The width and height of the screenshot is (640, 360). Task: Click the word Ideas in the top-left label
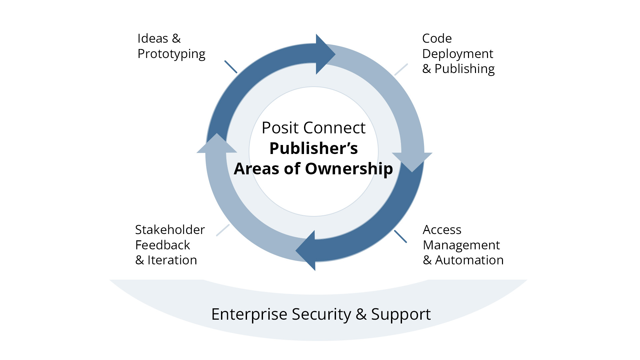click(153, 38)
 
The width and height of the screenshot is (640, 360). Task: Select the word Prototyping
click(171, 54)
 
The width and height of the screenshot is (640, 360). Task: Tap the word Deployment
click(458, 54)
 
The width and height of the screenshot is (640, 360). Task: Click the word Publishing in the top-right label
click(465, 69)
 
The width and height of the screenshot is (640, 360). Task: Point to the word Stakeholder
click(170, 230)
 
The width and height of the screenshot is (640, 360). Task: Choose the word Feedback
click(163, 245)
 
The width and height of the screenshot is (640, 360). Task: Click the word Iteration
click(172, 260)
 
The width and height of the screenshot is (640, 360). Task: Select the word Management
click(461, 246)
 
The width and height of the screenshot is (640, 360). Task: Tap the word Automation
click(469, 260)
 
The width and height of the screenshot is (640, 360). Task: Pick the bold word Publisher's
click(314, 148)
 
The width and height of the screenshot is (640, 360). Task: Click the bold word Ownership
click(349, 169)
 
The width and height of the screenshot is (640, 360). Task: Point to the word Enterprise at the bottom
click(249, 314)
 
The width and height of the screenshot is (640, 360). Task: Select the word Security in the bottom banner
click(321, 314)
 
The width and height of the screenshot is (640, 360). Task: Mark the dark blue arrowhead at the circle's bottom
click(305, 250)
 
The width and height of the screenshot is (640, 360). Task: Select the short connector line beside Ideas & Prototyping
click(231, 67)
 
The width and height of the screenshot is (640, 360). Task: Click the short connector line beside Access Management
click(400, 236)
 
